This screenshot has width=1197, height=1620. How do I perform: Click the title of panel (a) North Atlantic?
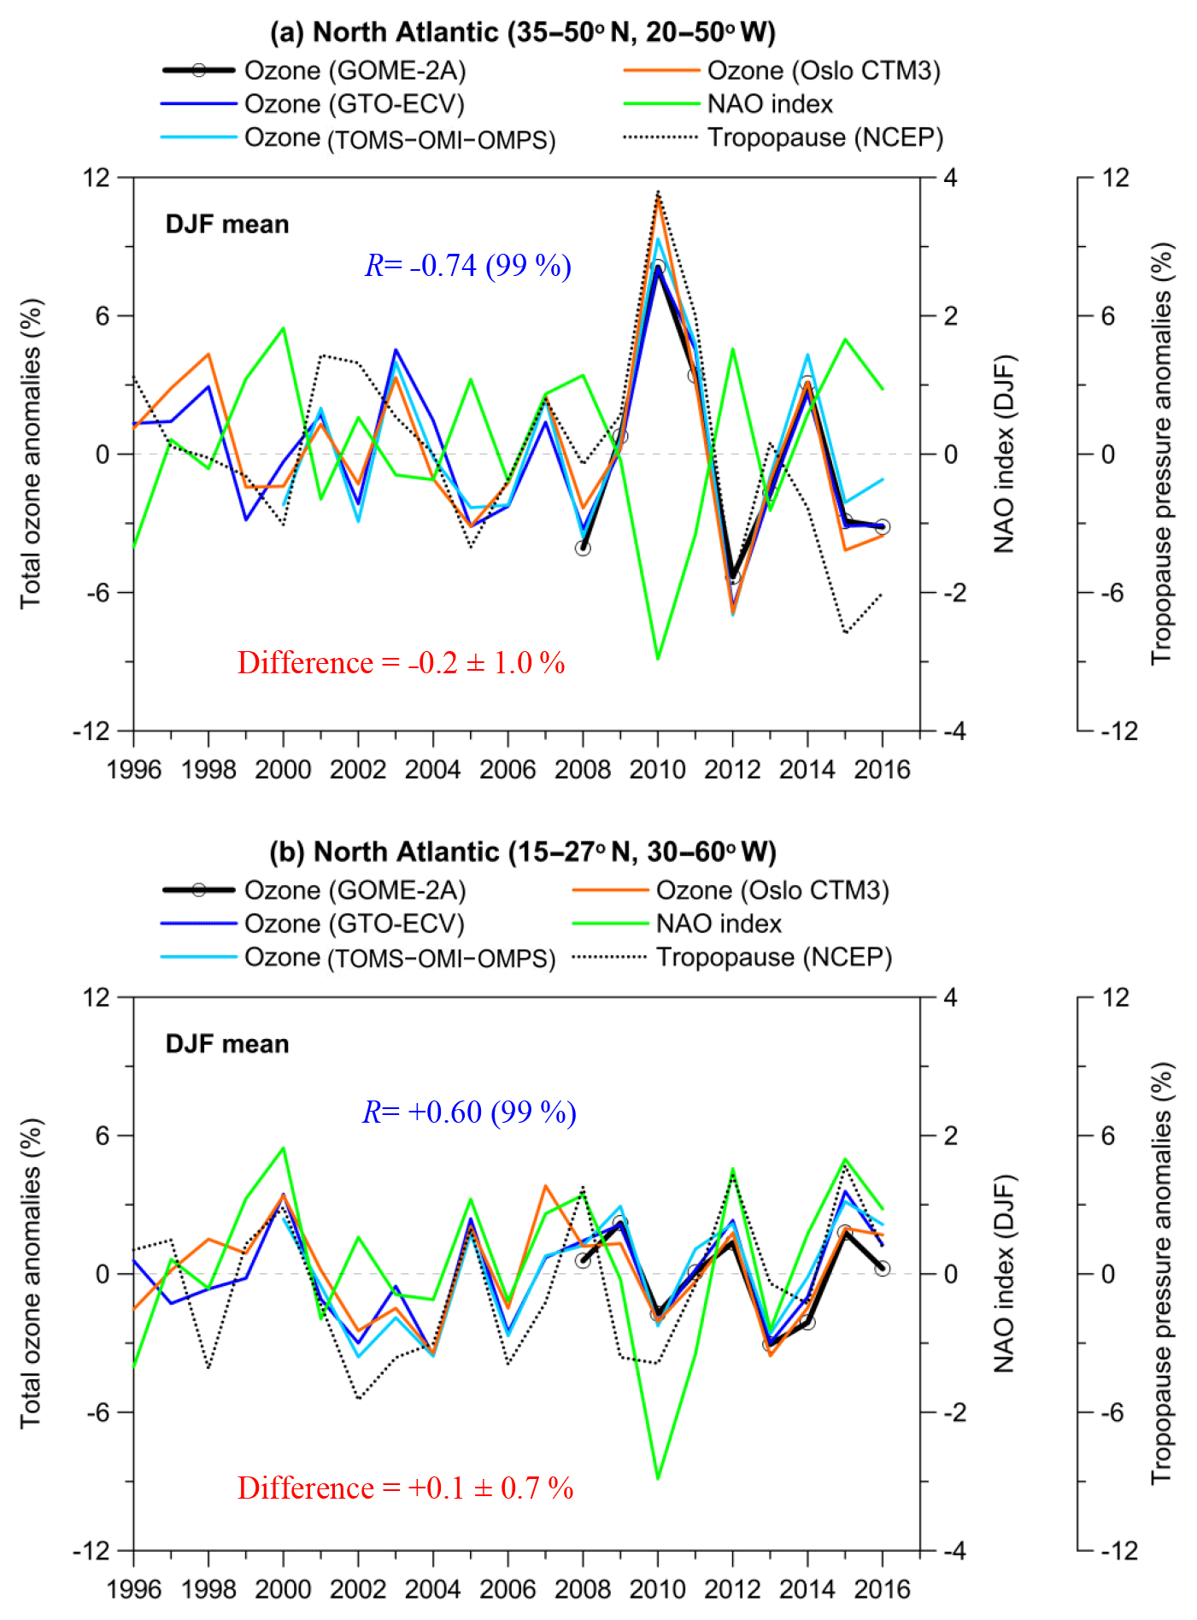pos(522,32)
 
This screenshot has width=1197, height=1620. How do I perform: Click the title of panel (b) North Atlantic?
pos(522,852)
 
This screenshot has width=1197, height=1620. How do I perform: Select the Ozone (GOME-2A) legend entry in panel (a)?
pos(355,71)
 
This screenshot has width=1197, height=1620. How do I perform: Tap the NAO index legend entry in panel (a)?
pos(769,104)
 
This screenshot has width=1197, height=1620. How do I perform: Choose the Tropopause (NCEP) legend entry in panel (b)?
pos(773,957)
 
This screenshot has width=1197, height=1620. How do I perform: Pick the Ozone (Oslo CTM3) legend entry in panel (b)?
pos(772,890)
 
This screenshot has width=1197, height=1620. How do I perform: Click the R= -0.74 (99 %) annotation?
pos(468,266)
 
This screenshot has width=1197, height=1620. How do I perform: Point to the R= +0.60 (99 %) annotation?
pos(469,1112)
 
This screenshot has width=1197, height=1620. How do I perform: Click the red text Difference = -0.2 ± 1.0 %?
pos(401,663)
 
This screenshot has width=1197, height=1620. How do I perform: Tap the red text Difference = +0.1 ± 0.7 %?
pos(405,1488)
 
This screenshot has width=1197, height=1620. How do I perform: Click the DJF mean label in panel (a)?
pos(227,225)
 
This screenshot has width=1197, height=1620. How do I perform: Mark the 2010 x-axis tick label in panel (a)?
pos(657,770)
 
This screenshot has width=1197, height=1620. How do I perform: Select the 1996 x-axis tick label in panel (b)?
pos(134,1588)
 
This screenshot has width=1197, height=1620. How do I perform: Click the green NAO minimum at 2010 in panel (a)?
pos(658,659)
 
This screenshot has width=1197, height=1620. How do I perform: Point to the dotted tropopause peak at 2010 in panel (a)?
pos(658,191)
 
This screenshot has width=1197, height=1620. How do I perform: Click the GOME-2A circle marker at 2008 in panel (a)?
pos(583,549)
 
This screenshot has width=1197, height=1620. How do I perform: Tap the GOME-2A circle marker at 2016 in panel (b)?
pos(883,1269)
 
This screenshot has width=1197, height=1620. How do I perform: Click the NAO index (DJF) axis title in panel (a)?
pos(1004,454)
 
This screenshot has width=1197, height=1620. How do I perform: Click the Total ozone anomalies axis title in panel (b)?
pos(31,1273)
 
